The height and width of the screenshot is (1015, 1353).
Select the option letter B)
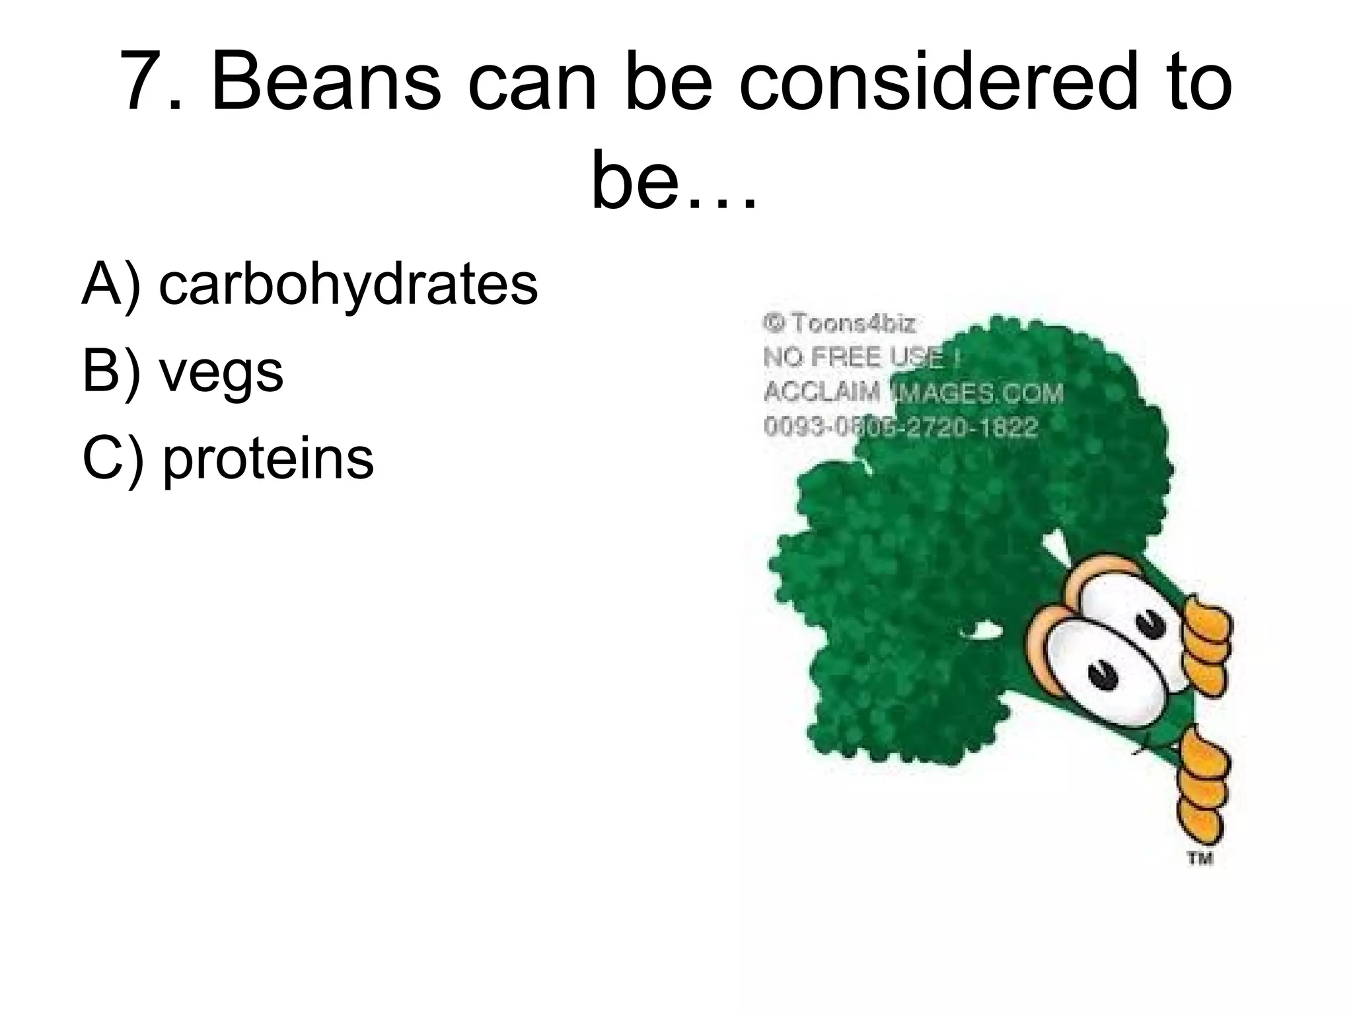111,371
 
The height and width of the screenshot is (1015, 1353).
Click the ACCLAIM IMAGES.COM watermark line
912,393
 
